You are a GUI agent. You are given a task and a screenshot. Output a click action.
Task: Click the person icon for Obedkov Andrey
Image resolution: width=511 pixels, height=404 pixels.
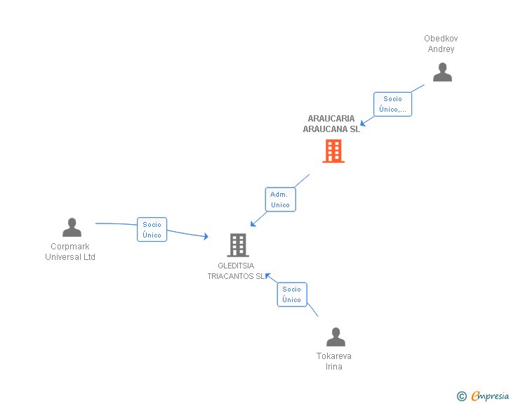pyautogui.click(x=442, y=72)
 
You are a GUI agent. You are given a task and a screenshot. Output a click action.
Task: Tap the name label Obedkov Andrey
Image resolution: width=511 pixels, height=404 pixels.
pyautogui.click(x=441, y=44)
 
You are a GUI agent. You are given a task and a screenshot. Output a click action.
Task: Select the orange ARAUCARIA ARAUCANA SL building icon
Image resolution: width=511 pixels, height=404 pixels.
pyautogui.click(x=333, y=150)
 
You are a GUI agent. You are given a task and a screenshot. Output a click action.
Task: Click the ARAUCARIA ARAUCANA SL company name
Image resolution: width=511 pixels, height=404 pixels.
pyautogui.click(x=331, y=124)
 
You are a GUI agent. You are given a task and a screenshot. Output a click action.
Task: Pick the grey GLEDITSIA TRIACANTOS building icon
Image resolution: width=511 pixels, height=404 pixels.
pyautogui.click(x=238, y=245)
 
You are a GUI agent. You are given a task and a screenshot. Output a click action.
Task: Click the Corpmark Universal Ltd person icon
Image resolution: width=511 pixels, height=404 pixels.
pyautogui.click(x=72, y=227)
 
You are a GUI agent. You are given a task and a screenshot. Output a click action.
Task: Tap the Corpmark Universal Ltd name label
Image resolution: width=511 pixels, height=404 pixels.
pyautogui.click(x=70, y=252)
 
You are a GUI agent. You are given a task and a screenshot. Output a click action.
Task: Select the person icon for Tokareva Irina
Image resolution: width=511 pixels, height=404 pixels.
pyautogui.click(x=336, y=337)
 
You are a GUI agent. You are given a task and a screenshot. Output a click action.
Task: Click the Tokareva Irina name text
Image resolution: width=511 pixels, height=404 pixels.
pyautogui.click(x=334, y=361)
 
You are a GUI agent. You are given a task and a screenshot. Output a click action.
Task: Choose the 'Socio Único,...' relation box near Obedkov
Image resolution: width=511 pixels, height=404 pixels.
pyautogui.click(x=392, y=104)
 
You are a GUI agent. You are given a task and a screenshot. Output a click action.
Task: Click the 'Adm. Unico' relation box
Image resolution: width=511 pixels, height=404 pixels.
pyautogui.click(x=280, y=200)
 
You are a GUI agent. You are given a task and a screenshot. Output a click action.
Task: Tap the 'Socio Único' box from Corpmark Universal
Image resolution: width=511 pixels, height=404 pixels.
pyautogui.click(x=152, y=230)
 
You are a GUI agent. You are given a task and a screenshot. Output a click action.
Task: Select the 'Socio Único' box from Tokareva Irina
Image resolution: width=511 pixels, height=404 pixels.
pyautogui.click(x=291, y=294)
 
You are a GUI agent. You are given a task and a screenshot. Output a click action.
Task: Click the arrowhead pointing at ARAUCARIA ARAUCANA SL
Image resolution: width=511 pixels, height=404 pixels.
pyautogui.click(x=363, y=124)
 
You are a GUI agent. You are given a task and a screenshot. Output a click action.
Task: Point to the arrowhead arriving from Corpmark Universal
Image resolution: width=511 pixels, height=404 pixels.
pyautogui.click(x=206, y=237)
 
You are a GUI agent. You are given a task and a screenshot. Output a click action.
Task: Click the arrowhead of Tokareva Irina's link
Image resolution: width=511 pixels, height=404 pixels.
pyautogui.click(x=267, y=275)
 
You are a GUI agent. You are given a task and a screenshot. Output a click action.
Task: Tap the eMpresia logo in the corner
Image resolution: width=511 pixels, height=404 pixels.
pyautogui.click(x=489, y=396)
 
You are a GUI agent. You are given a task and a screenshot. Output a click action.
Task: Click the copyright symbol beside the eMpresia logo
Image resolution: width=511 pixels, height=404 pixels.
pyautogui.click(x=461, y=396)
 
